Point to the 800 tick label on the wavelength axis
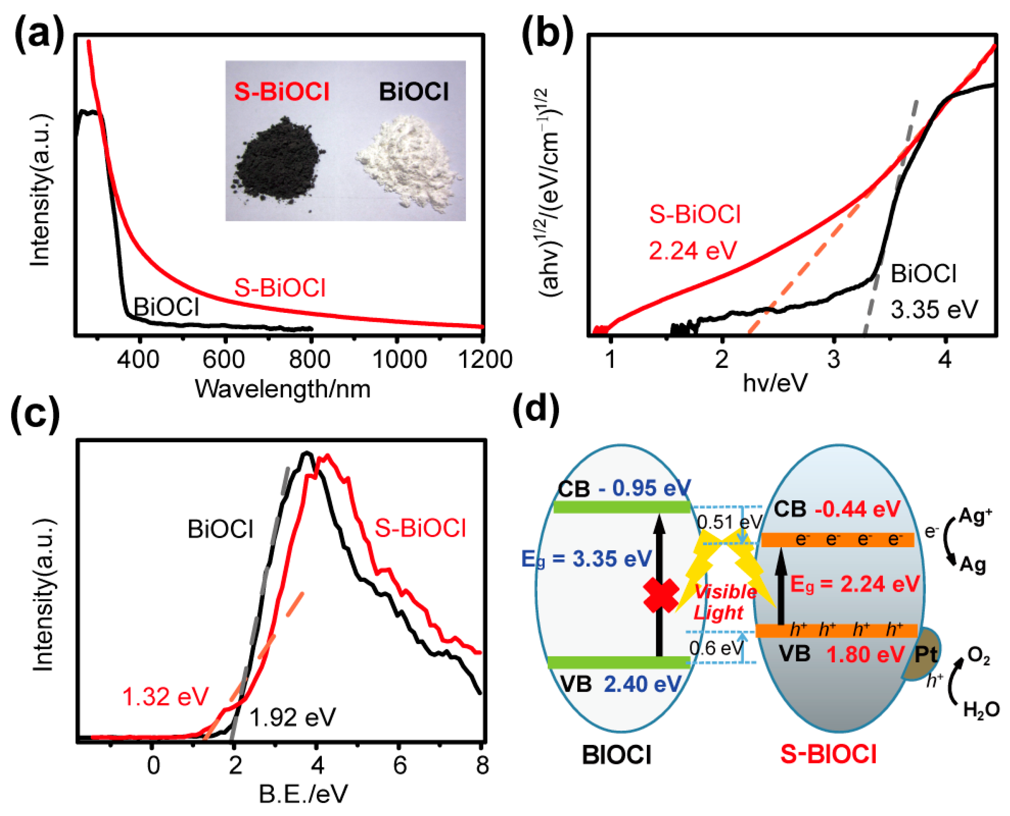point(309,360)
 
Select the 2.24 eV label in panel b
point(692,250)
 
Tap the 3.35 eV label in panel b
point(934,310)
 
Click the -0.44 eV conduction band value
point(857,509)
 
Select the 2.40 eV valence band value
point(642,684)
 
